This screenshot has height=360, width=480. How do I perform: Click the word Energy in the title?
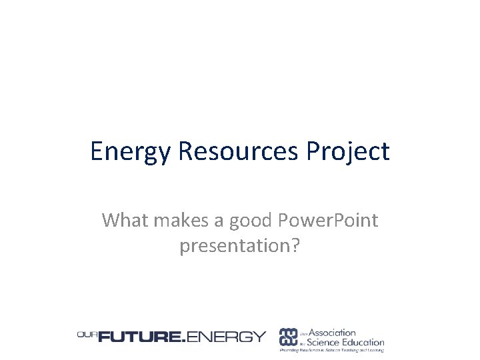click(131, 151)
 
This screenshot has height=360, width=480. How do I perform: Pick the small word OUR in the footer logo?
click(87, 335)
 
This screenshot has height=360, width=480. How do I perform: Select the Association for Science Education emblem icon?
click(288, 337)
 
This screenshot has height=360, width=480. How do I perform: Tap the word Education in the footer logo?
click(365, 342)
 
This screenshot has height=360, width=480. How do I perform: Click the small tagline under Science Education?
click(331, 351)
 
